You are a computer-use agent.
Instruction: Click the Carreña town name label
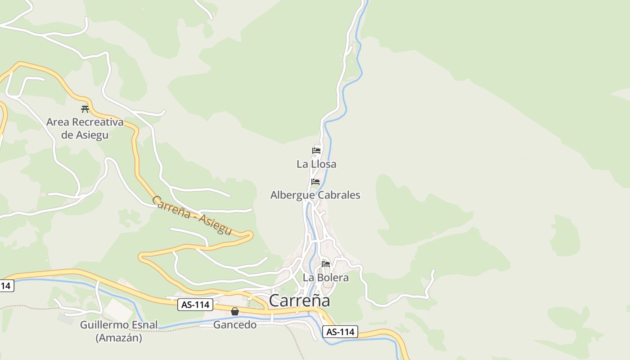299,301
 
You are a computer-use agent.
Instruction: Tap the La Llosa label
316,164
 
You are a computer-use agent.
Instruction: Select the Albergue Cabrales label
315,195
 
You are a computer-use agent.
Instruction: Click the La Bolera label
325,277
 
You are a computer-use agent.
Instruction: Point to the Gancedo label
235,324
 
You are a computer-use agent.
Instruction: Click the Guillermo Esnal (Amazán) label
119,331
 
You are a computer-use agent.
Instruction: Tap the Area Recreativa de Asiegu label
85,128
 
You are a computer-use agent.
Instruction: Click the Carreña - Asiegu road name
192,215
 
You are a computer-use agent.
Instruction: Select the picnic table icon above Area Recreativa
85,109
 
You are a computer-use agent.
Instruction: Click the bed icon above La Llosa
316,150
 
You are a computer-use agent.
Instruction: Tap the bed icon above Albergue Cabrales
315,182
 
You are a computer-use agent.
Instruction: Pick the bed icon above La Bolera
326,264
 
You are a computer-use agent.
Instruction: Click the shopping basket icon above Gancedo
235,311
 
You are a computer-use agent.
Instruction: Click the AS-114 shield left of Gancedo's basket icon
195,305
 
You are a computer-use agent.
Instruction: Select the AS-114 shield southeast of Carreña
340,332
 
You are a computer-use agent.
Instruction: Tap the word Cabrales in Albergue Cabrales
339,195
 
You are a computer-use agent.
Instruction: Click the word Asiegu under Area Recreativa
91,135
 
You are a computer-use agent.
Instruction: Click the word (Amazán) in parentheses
119,337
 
